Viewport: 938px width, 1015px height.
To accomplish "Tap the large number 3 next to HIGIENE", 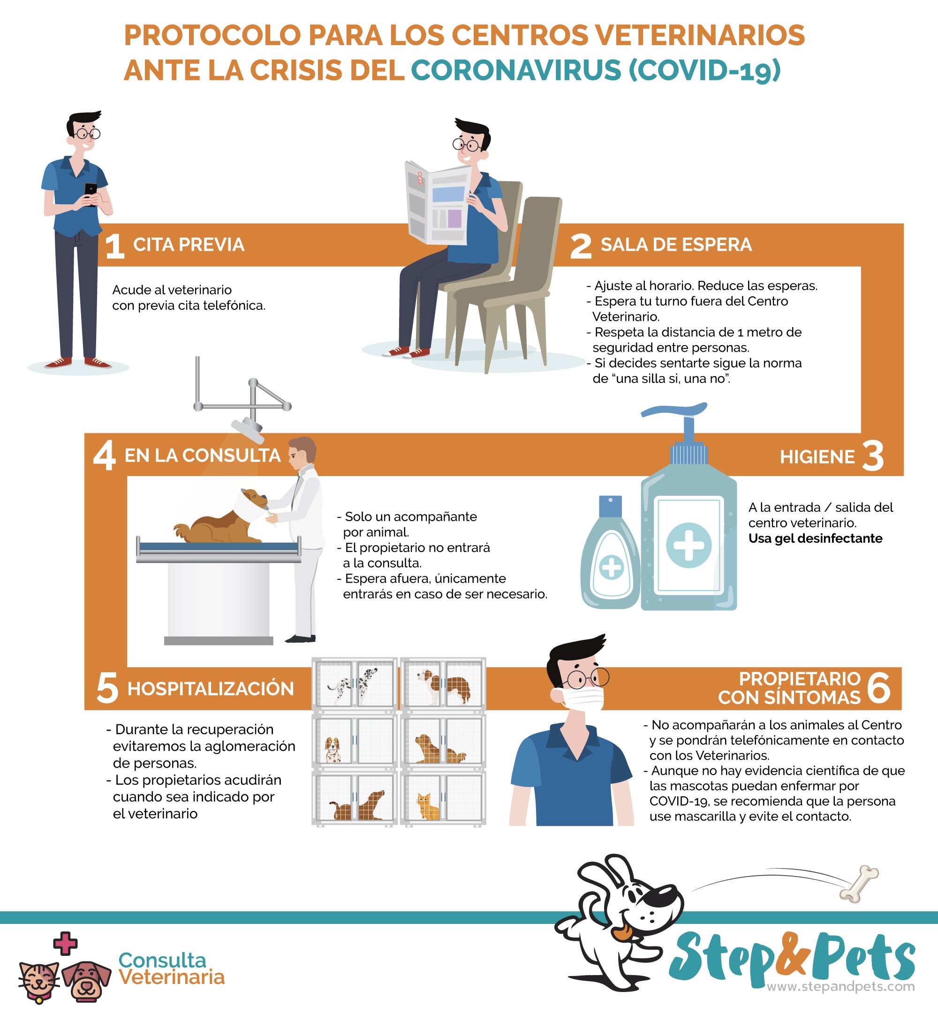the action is tap(872, 456).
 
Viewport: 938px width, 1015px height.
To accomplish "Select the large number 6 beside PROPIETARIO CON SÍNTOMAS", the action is tap(878, 688).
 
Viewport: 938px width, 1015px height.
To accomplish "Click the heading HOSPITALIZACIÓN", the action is tap(211, 689).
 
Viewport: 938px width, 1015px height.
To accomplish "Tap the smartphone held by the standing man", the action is tap(91, 193).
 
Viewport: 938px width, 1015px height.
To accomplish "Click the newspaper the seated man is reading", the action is tap(438, 202).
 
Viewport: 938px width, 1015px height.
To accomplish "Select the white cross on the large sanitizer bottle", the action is tap(688, 545).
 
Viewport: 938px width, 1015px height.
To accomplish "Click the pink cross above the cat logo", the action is tap(66, 943).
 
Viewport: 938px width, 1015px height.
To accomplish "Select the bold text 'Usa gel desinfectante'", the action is tap(815, 538).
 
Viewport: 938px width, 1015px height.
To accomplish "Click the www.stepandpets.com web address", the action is tap(840, 986).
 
